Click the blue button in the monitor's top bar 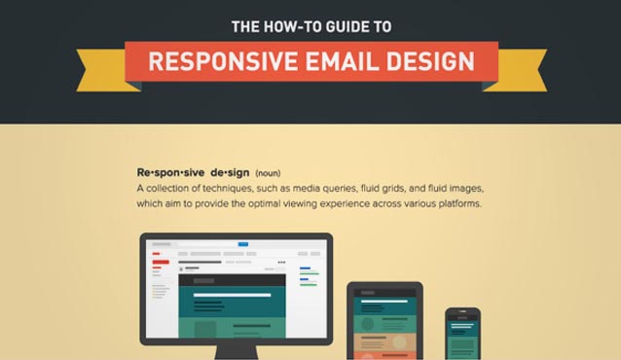click(242, 244)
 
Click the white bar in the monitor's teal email click(232, 295)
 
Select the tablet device click(385, 321)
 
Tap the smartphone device click(463, 334)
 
